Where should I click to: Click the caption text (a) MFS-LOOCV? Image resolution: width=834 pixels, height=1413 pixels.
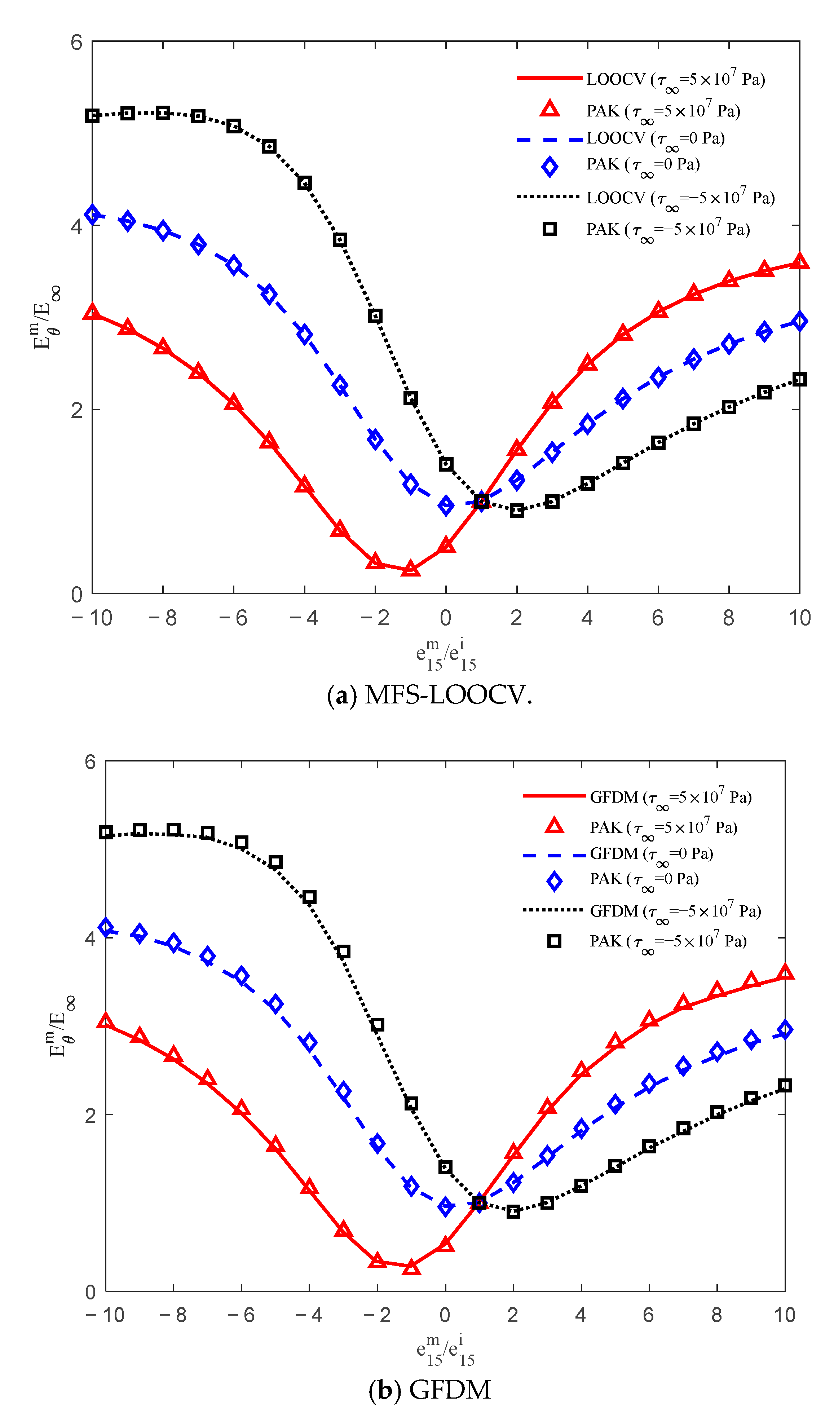[x=429, y=696]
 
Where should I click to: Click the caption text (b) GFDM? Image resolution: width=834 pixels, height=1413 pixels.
[x=429, y=1390]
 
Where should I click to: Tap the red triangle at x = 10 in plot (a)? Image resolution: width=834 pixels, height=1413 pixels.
[x=799, y=262]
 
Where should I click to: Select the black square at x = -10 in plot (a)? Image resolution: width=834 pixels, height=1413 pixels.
[x=93, y=116]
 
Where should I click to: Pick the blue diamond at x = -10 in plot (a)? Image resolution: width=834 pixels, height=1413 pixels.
[x=93, y=214]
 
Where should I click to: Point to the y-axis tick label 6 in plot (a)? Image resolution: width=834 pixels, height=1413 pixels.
[x=76, y=43]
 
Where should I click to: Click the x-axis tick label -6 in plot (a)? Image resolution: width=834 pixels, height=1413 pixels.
[x=233, y=618]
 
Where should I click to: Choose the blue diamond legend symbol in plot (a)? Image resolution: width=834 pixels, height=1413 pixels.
[x=549, y=167]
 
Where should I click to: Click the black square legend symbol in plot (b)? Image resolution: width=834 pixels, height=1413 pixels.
[x=554, y=941]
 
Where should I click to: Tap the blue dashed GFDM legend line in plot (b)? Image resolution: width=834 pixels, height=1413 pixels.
[x=554, y=856]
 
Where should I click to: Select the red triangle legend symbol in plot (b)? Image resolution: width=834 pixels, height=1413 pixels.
[x=554, y=825]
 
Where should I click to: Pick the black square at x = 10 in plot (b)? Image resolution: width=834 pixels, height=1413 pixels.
[x=785, y=1086]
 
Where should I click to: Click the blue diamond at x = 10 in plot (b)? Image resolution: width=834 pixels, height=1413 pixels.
[x=785, y=1030]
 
